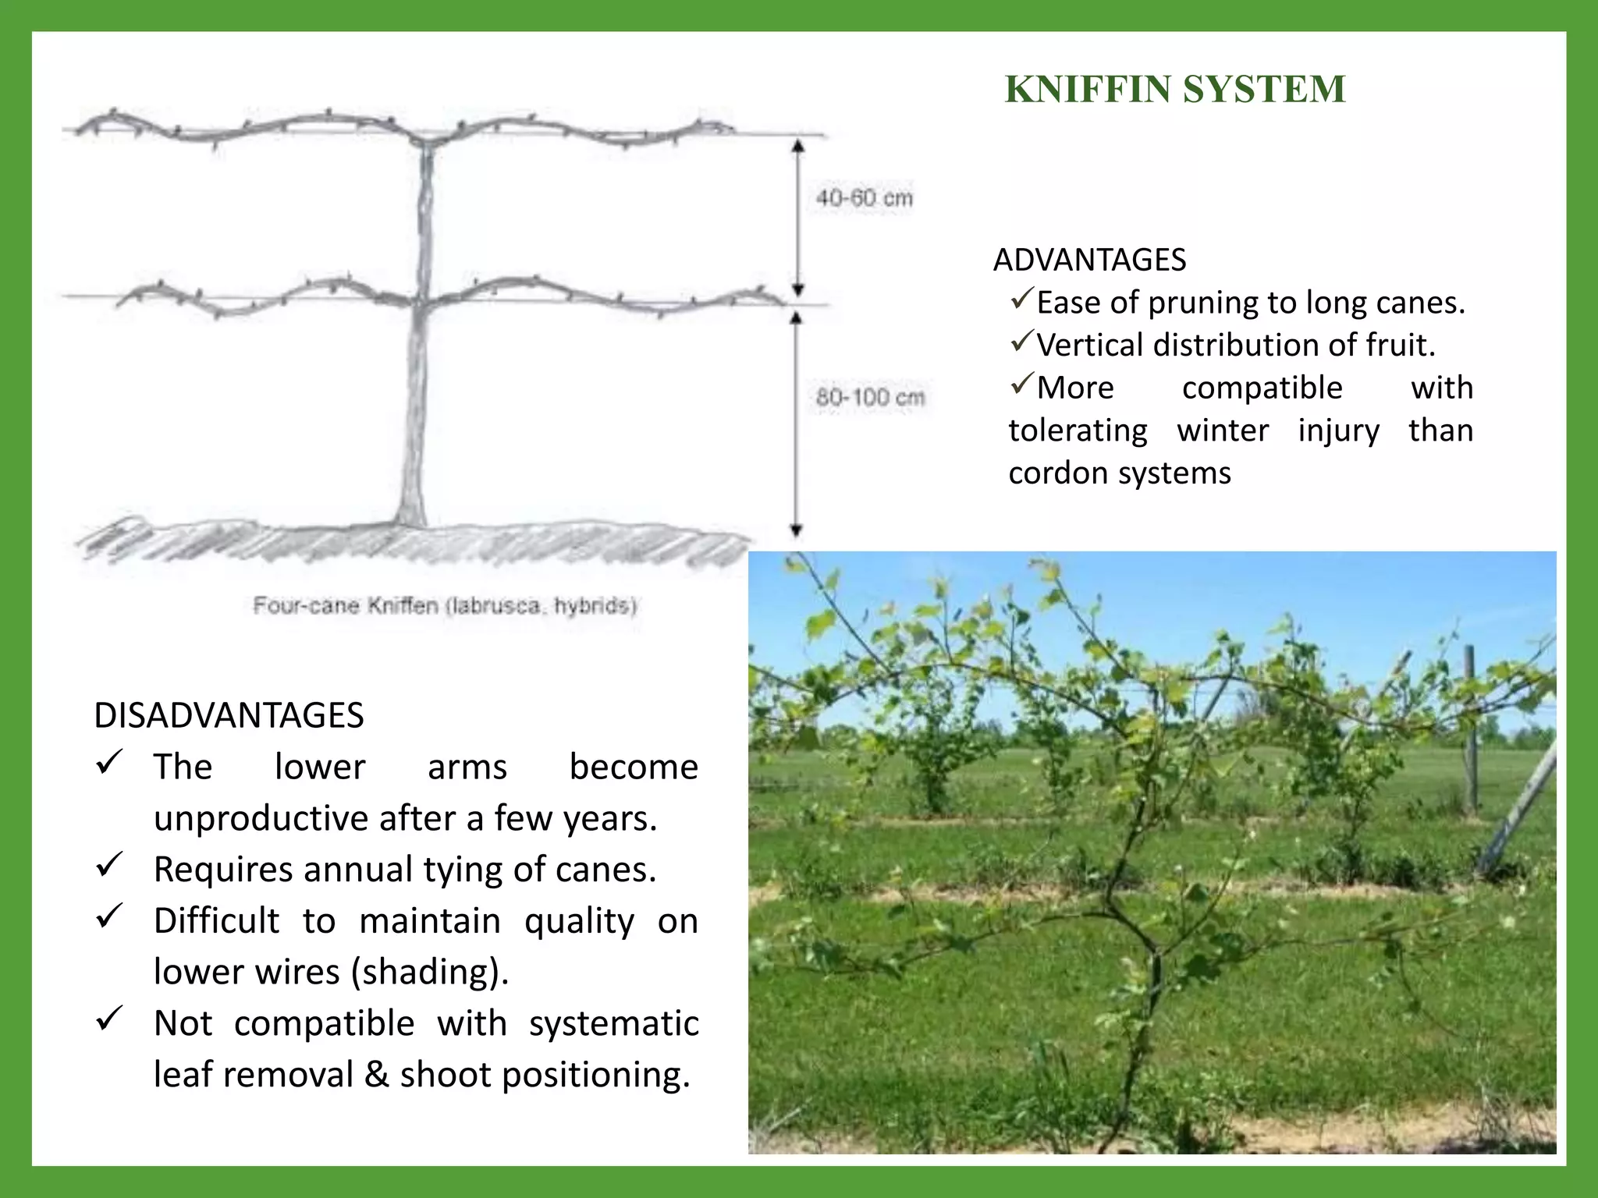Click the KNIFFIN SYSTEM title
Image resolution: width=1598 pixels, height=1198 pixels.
click(x=1175, y=89)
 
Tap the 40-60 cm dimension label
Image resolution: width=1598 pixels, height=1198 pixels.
click(x=865, y=198)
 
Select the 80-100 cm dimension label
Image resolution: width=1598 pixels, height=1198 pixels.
click(x=870, y=397)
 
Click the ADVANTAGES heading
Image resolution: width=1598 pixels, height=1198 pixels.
click(x=1089, y=260)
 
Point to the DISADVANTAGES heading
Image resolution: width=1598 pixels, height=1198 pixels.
click(x=229, y=715)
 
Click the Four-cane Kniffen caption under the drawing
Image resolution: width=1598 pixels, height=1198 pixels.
click(x=445, y=606)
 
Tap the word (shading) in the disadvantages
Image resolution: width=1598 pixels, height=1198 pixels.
click(x=429, y=972)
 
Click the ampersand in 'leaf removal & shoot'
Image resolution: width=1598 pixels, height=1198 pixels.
click(x=376, y=1075)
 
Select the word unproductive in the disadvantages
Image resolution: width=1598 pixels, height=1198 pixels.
click(x=261, y=818)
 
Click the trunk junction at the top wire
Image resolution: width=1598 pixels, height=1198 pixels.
click(x=428, y=143)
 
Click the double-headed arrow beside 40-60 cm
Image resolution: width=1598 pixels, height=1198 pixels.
click(x=797, y=218)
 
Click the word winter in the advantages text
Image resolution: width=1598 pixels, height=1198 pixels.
click(x=1223, y=431)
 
